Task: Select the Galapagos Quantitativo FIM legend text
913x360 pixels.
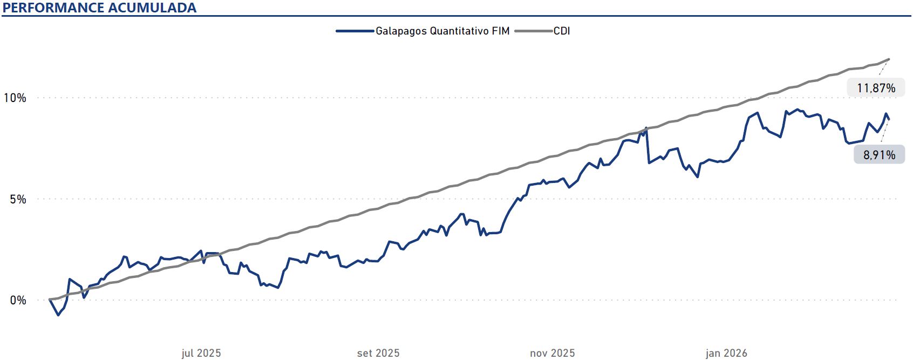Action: [x=442, y=31]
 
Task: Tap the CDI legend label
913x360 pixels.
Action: [x=562, y=31]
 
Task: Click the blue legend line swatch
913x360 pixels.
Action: [x=355, y=31]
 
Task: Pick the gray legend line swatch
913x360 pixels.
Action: [x=533, y=31]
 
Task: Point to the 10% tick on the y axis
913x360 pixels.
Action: [x=15, y=98]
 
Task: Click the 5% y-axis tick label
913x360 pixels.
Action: [x=18, y=199]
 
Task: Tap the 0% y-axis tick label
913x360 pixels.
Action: [x=18, y=300]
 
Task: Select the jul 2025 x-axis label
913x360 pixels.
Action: [x=201, y=353]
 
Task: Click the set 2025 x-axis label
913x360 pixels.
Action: [x=378, y=353]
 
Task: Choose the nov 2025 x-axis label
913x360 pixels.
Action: [x=553, y=353]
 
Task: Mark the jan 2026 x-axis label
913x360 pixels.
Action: [x=726, y=353]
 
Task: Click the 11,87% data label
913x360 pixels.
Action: [x=876, y=88]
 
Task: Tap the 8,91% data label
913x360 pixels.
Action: [x=879, y=155]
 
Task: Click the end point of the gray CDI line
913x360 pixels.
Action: [x=889, y=59]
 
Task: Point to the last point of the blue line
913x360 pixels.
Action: [x=889, y=119]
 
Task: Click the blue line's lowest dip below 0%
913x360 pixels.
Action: [x=58, y=315]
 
